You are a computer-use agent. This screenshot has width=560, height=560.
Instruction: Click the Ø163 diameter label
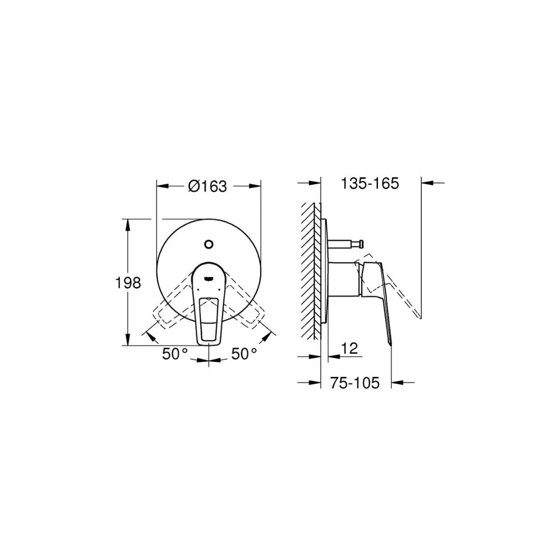pos(207,186)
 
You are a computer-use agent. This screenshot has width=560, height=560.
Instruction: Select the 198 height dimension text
pos(128,283)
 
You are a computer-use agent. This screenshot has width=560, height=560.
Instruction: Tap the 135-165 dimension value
pos(370,184)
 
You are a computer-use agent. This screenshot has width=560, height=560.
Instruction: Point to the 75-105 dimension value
pos(355,383)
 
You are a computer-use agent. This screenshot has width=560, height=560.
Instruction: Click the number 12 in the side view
pos(350,348)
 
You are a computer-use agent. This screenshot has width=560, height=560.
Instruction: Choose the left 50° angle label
pos(175,354)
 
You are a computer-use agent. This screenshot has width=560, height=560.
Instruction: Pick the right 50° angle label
pos(244,354)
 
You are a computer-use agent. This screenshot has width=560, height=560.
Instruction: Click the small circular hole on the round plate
pos(209,244)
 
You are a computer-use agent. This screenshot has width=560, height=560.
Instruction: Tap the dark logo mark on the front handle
pos(209,278)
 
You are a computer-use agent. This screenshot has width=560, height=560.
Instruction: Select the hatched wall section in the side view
pos(310,270)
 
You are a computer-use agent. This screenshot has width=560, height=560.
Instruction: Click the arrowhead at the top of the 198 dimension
pos(128,223)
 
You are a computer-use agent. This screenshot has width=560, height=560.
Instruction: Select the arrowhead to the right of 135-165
pos(427,183)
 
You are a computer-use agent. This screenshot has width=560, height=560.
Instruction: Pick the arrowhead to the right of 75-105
pos(397,383)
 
